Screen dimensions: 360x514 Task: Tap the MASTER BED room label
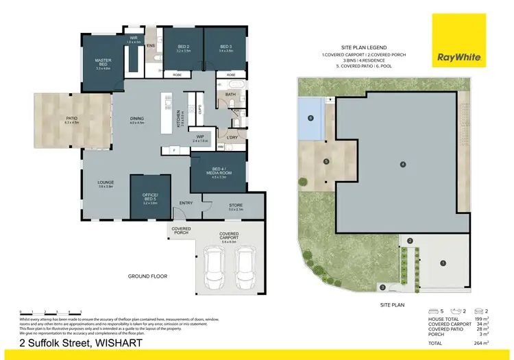coord(103,63)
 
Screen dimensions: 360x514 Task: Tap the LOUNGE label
coord(105,184)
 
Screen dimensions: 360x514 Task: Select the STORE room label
coord(235,204)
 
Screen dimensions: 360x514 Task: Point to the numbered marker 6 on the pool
coord(310,118)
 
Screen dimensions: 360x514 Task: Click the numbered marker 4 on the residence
coord(403,164)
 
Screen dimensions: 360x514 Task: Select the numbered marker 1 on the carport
coord(442,263)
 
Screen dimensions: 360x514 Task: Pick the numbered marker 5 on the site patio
coord(326,162)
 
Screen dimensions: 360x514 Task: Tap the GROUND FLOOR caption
coord(147,276)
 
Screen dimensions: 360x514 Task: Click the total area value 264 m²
coord(482,342)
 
